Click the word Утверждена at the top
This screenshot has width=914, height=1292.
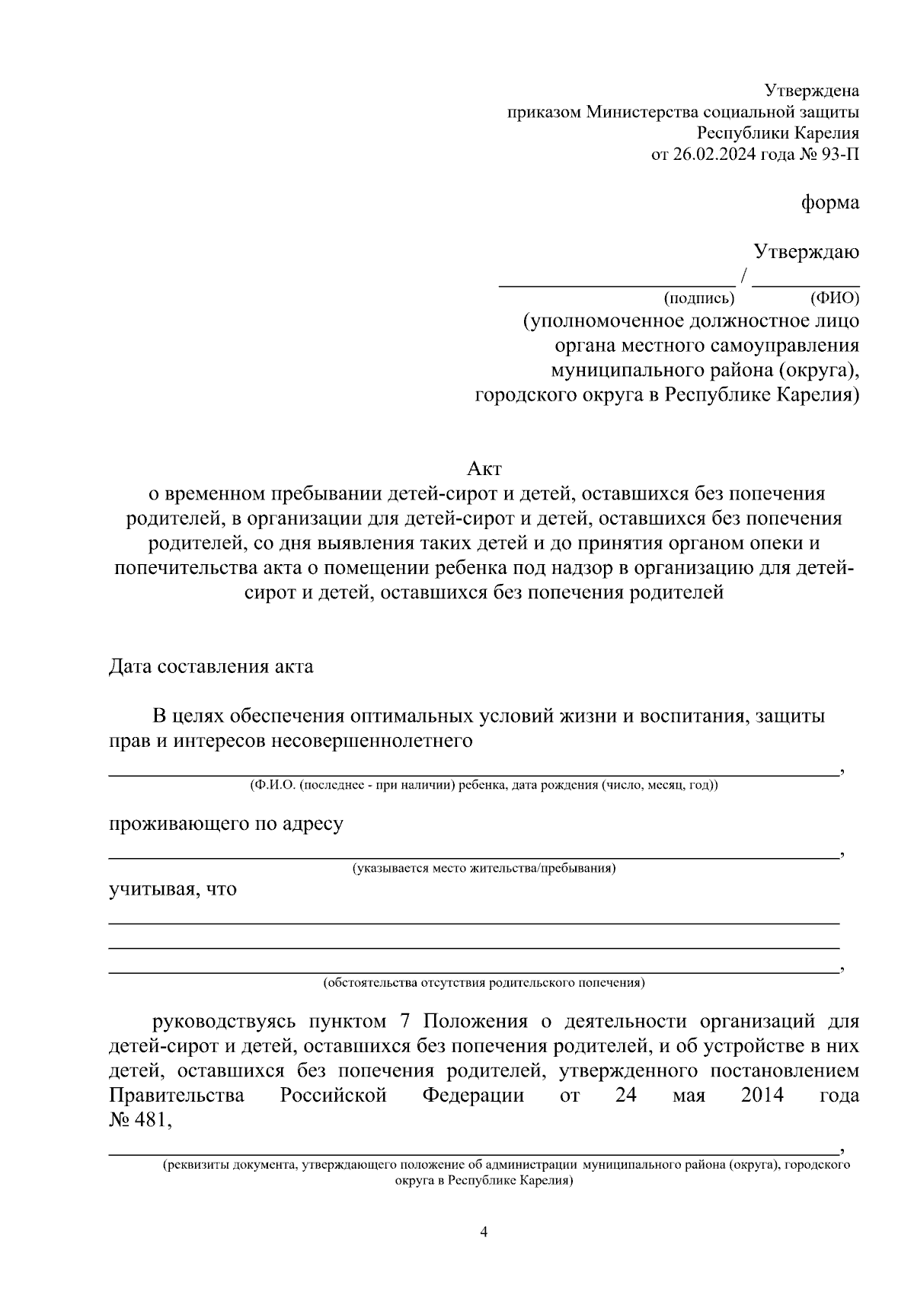(812, 91)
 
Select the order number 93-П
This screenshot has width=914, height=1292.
(839, 155)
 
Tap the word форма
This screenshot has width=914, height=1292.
(830, 203)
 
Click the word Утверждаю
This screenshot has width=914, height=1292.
(807, 252)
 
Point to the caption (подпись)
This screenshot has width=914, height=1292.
(698, 298)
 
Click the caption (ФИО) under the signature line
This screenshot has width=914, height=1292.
(835, 298)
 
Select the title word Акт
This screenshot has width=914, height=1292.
(484, 469)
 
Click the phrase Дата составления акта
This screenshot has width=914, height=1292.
(211, 667)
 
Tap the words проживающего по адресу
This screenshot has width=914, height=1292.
(225, 824)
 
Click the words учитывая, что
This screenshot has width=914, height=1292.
(173, 889)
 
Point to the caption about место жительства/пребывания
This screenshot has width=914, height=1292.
(484, 869)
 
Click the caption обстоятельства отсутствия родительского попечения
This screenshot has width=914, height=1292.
(484, 983)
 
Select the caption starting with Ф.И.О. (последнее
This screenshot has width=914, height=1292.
(484, 786)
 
